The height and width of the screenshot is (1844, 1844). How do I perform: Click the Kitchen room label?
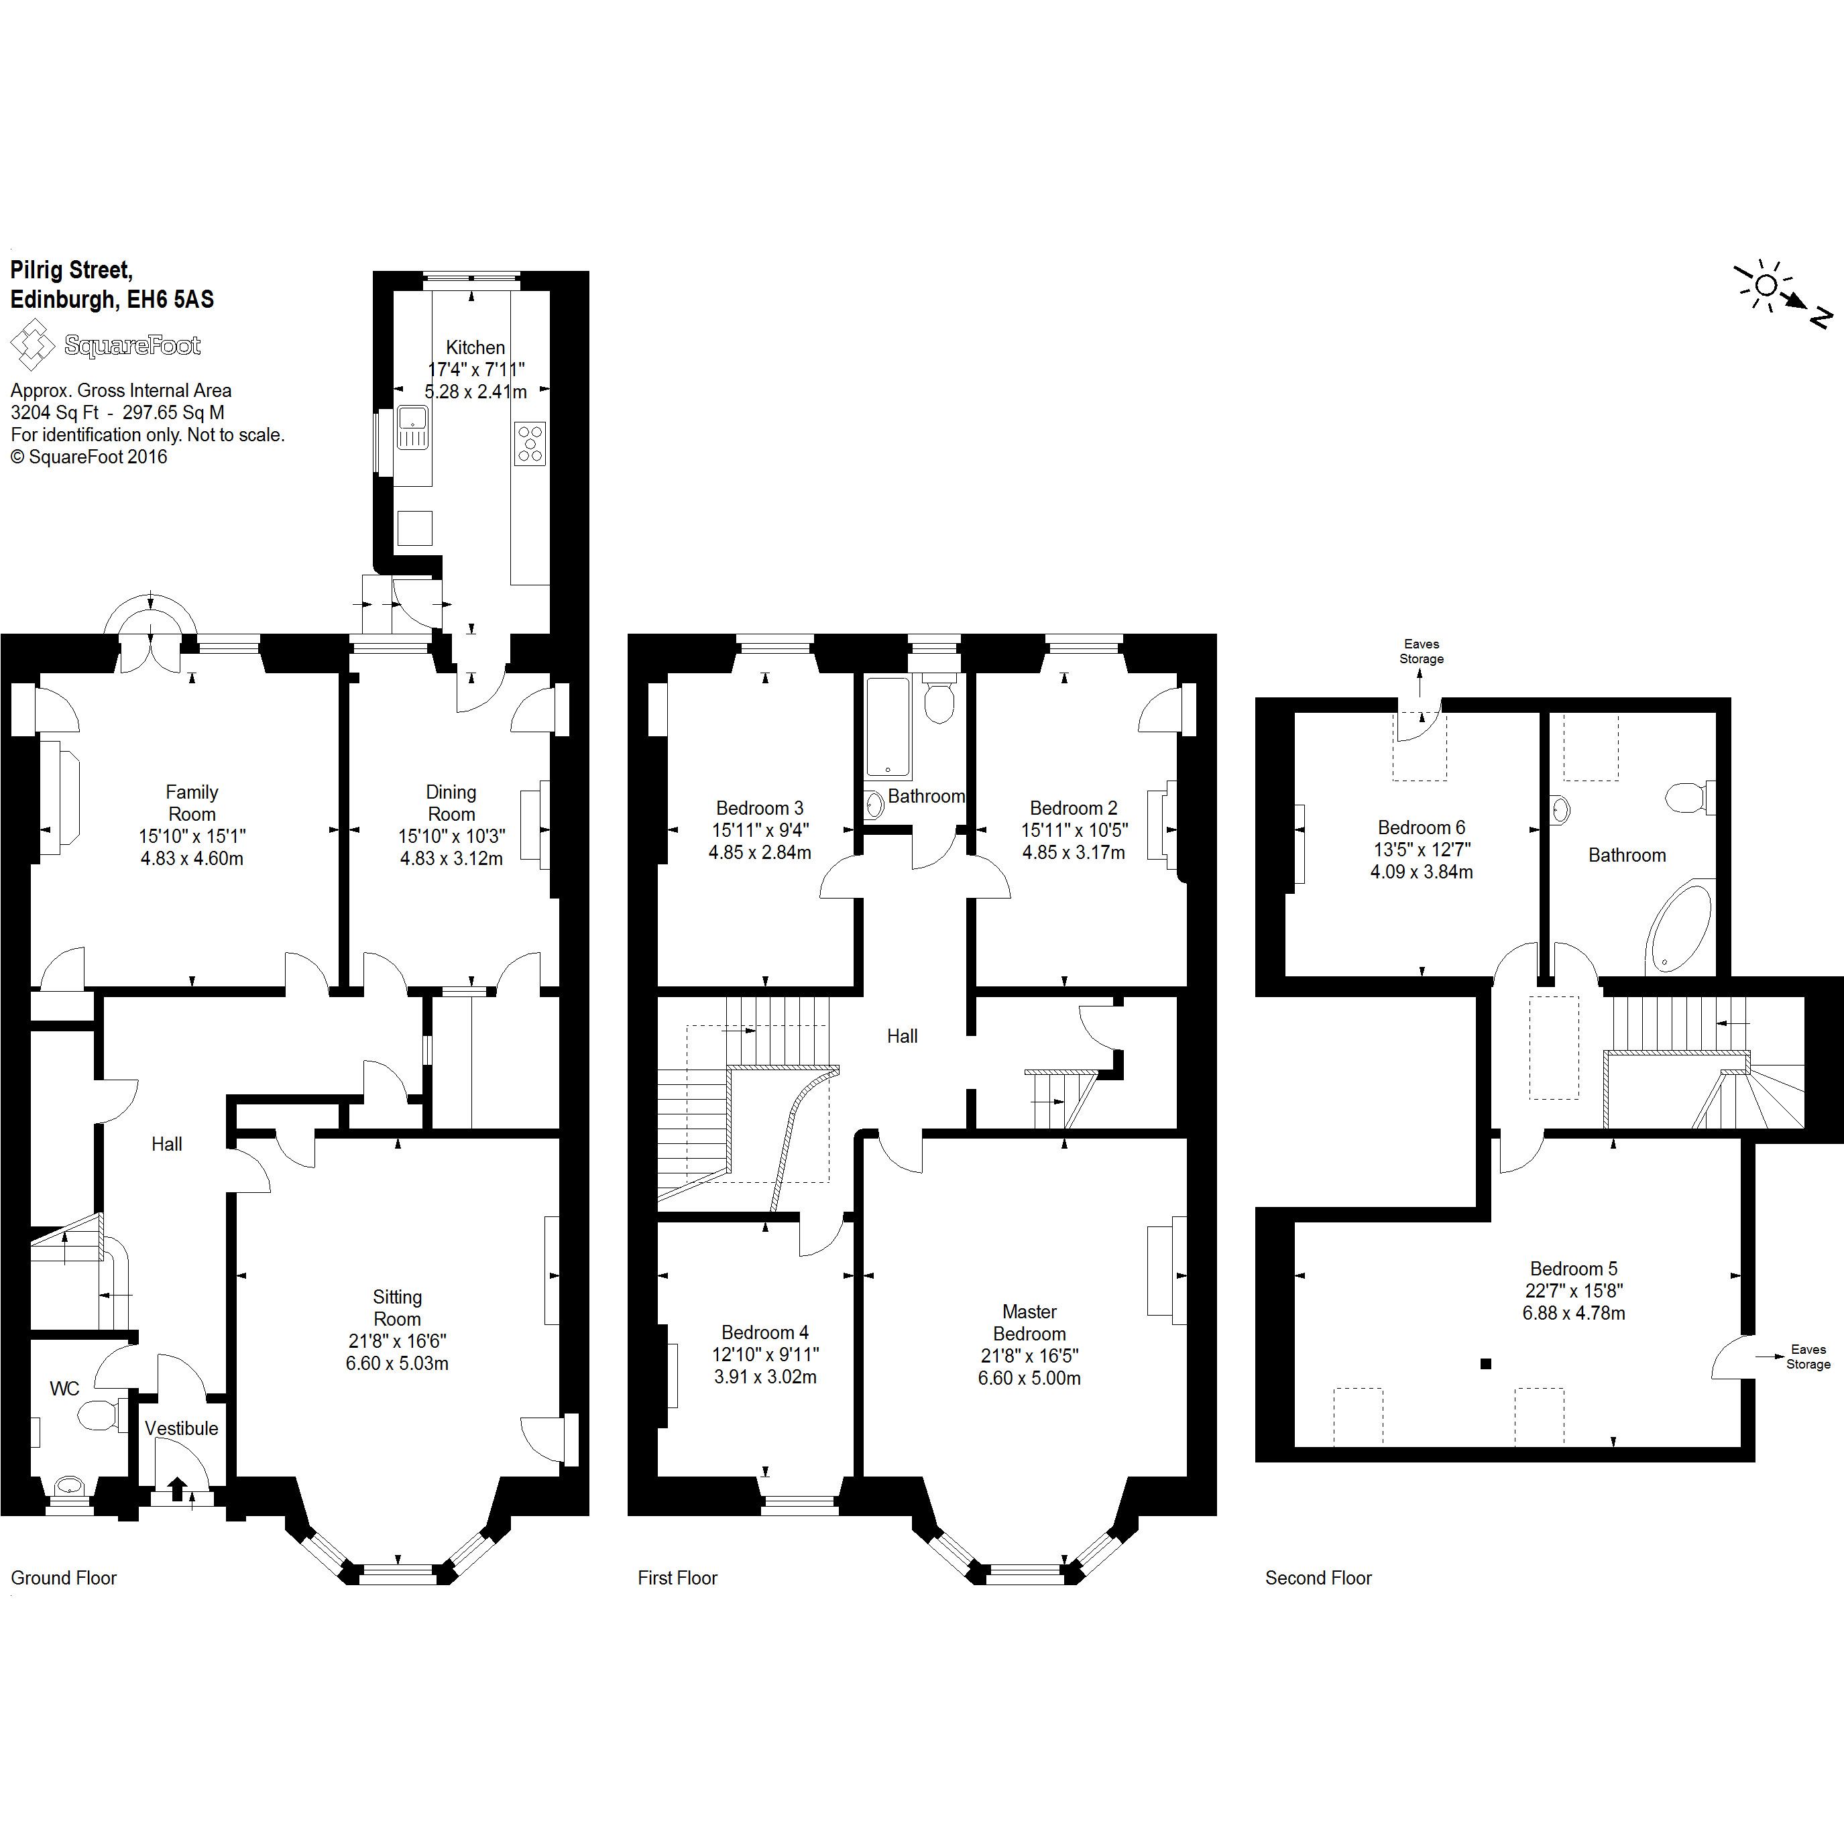[474, 347]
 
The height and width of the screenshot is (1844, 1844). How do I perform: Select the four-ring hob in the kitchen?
[530, 444]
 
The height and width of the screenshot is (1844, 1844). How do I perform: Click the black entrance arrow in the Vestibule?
[178, 1488]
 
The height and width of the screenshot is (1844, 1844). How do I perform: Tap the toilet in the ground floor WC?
[99, 1414]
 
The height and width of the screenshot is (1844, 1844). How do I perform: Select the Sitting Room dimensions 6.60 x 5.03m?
[397, 1364]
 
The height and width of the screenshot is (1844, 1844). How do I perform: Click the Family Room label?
[192, 803]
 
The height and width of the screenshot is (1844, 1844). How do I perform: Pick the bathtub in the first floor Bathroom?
[888, 728]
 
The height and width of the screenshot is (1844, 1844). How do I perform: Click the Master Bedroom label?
[1029, 1323]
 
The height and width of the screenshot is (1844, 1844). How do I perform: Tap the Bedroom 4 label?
[764, 1332]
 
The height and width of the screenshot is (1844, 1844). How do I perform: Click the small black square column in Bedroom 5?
[1485, 1365]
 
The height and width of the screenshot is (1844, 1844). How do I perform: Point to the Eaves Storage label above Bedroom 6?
[1421, 652]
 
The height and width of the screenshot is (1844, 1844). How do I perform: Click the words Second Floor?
[1318, 1578]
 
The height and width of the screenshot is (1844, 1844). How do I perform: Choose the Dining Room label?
[451, 803]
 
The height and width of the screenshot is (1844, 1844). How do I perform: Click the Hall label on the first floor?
[902, 1037]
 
